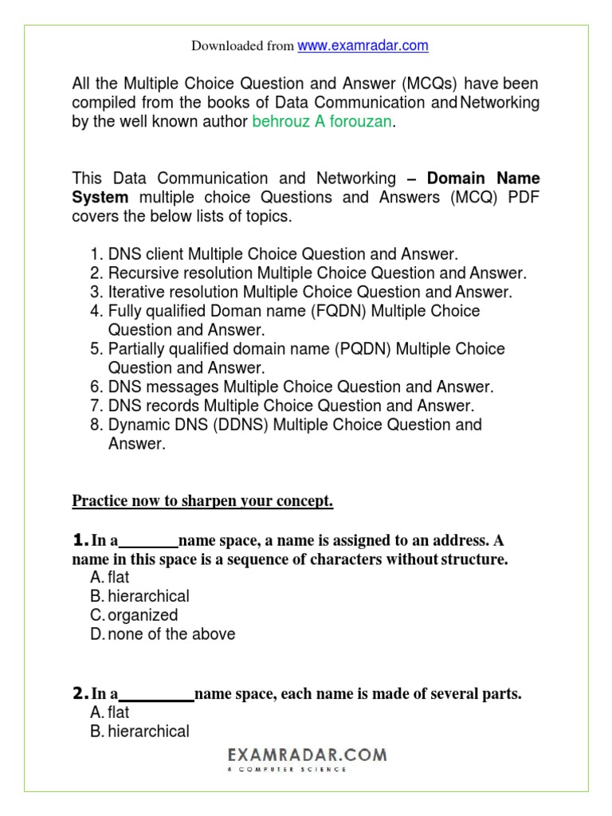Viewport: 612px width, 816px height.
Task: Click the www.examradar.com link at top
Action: (x=363, y=46)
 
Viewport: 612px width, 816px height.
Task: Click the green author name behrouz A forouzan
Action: (x=323, y=122)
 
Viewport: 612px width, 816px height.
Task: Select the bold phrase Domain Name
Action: (x=484, y=178)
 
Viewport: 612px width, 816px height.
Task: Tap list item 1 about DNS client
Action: (x=283, y=254)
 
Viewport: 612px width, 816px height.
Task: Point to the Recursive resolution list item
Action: (x=317, y=273)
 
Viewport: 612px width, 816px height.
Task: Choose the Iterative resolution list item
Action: (x=310, y=292)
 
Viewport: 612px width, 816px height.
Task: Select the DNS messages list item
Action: (x=300, y=387)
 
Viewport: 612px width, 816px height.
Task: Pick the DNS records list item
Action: (x=291, y=406)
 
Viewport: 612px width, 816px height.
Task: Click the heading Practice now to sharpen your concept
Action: (x=202, y=501)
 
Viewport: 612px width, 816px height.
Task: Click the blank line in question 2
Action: (x=156, y=696)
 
